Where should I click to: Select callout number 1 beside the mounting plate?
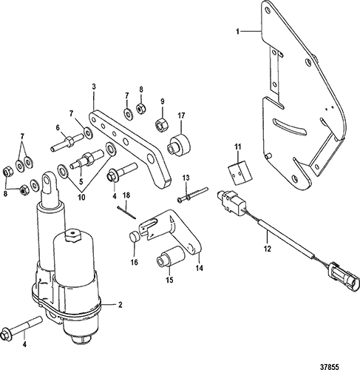click(x=238, y=32)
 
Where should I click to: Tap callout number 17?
click(x=181, y=115)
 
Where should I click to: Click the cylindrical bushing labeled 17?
click(x=179, y=145)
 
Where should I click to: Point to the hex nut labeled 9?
click(x=162, y=124)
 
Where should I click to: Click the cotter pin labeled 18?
click(x=126, y=212)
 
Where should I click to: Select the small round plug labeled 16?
click(x=135, y=236)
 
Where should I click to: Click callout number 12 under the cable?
click(x=267, y=249)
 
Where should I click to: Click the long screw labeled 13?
click(x=193, y=195)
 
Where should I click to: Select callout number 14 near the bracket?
click(x=199, y=268)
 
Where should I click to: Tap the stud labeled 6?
click(x=67, y=143)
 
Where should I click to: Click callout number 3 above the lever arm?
click(x=94, y=87)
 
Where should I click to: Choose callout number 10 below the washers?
click(x=81, y=198)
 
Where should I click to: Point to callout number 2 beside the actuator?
click(x=120, y=305)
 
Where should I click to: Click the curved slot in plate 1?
click(x=289, y=127)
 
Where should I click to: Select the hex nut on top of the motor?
click(x=72, y=235)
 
